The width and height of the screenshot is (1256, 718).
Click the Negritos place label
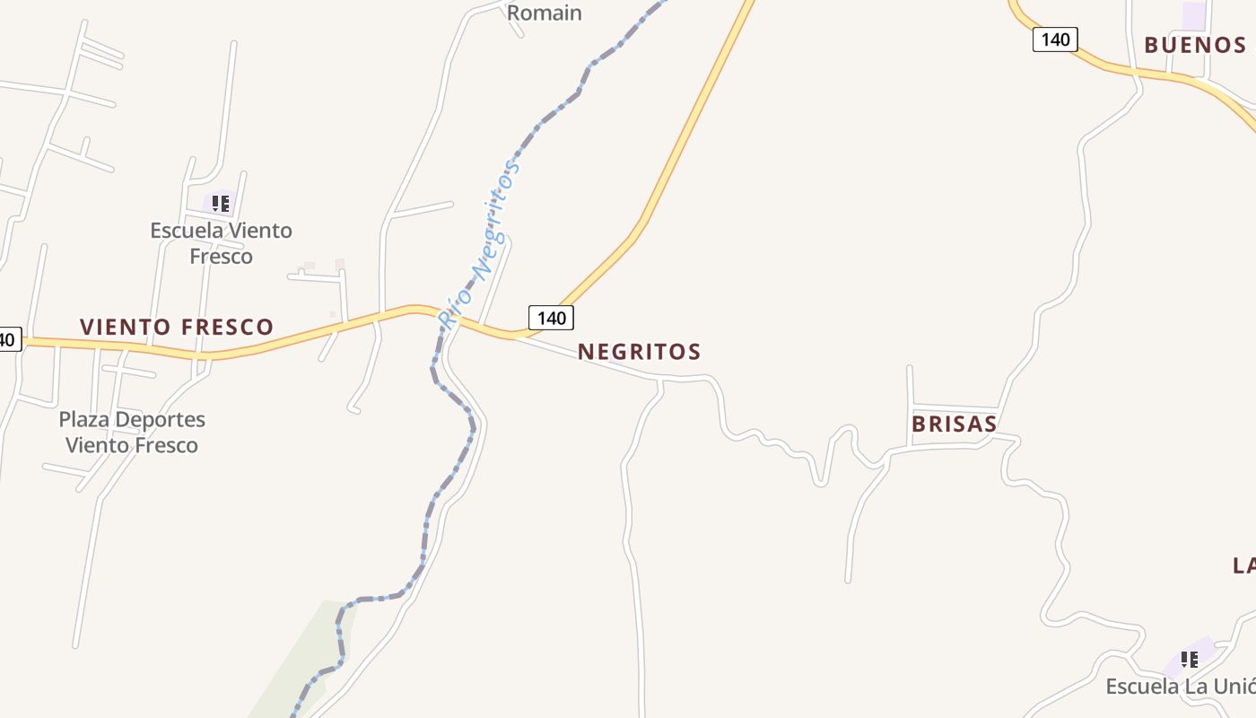point(639,352)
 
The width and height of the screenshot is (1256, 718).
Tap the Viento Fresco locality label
point(177,327)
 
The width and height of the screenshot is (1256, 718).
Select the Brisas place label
point(954,425)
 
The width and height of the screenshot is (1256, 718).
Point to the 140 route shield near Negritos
point(551,318)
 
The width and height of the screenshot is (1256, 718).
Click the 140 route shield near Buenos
point(1054,39)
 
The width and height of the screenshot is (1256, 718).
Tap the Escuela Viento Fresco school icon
point(221,204)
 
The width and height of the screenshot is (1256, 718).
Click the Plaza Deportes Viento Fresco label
point(132,432)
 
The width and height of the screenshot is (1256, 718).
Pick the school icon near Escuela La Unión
point(1190,661)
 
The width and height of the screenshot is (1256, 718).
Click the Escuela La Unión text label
point(1180,687)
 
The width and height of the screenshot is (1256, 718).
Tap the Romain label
point(545,13)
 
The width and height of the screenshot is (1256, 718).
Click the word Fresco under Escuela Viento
point(221,257)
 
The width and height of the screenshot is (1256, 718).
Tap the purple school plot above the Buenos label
point(1194,16)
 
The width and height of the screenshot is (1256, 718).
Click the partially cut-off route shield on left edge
point(8,339)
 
